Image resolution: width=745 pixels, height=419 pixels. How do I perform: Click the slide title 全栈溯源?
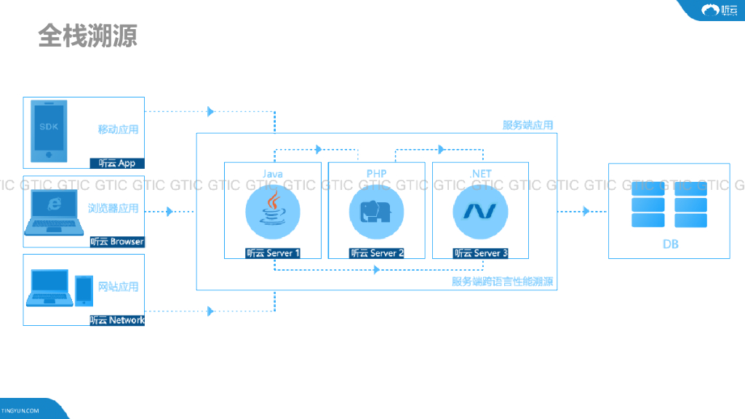pos(87,35)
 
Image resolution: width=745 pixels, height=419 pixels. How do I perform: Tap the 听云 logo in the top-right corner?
pos(719,10)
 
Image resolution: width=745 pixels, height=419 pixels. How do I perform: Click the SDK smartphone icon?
pos(49,131)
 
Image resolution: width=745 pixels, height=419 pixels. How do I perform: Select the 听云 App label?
pos(117,163)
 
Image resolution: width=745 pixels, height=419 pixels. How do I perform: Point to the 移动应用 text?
pos(118,129)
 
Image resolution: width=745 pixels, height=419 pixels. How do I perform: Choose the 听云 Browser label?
pos(117,242)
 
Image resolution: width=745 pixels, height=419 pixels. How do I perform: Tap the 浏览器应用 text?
pos(113,208)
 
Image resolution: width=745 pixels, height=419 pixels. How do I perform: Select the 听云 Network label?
pos(117,320)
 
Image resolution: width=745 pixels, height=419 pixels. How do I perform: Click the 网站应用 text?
pos(118,287)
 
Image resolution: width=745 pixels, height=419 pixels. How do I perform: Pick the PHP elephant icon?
pos(376,209)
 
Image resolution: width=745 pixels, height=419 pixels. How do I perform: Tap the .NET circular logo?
pos(480,209)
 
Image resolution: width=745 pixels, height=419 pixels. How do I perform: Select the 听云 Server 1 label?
pos(273,253)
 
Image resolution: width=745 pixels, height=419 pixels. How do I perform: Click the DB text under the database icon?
pos(670,244)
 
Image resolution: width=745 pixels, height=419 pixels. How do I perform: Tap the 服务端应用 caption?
pos(527,125)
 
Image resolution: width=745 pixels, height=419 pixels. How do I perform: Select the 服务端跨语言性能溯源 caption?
pos(503,282)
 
